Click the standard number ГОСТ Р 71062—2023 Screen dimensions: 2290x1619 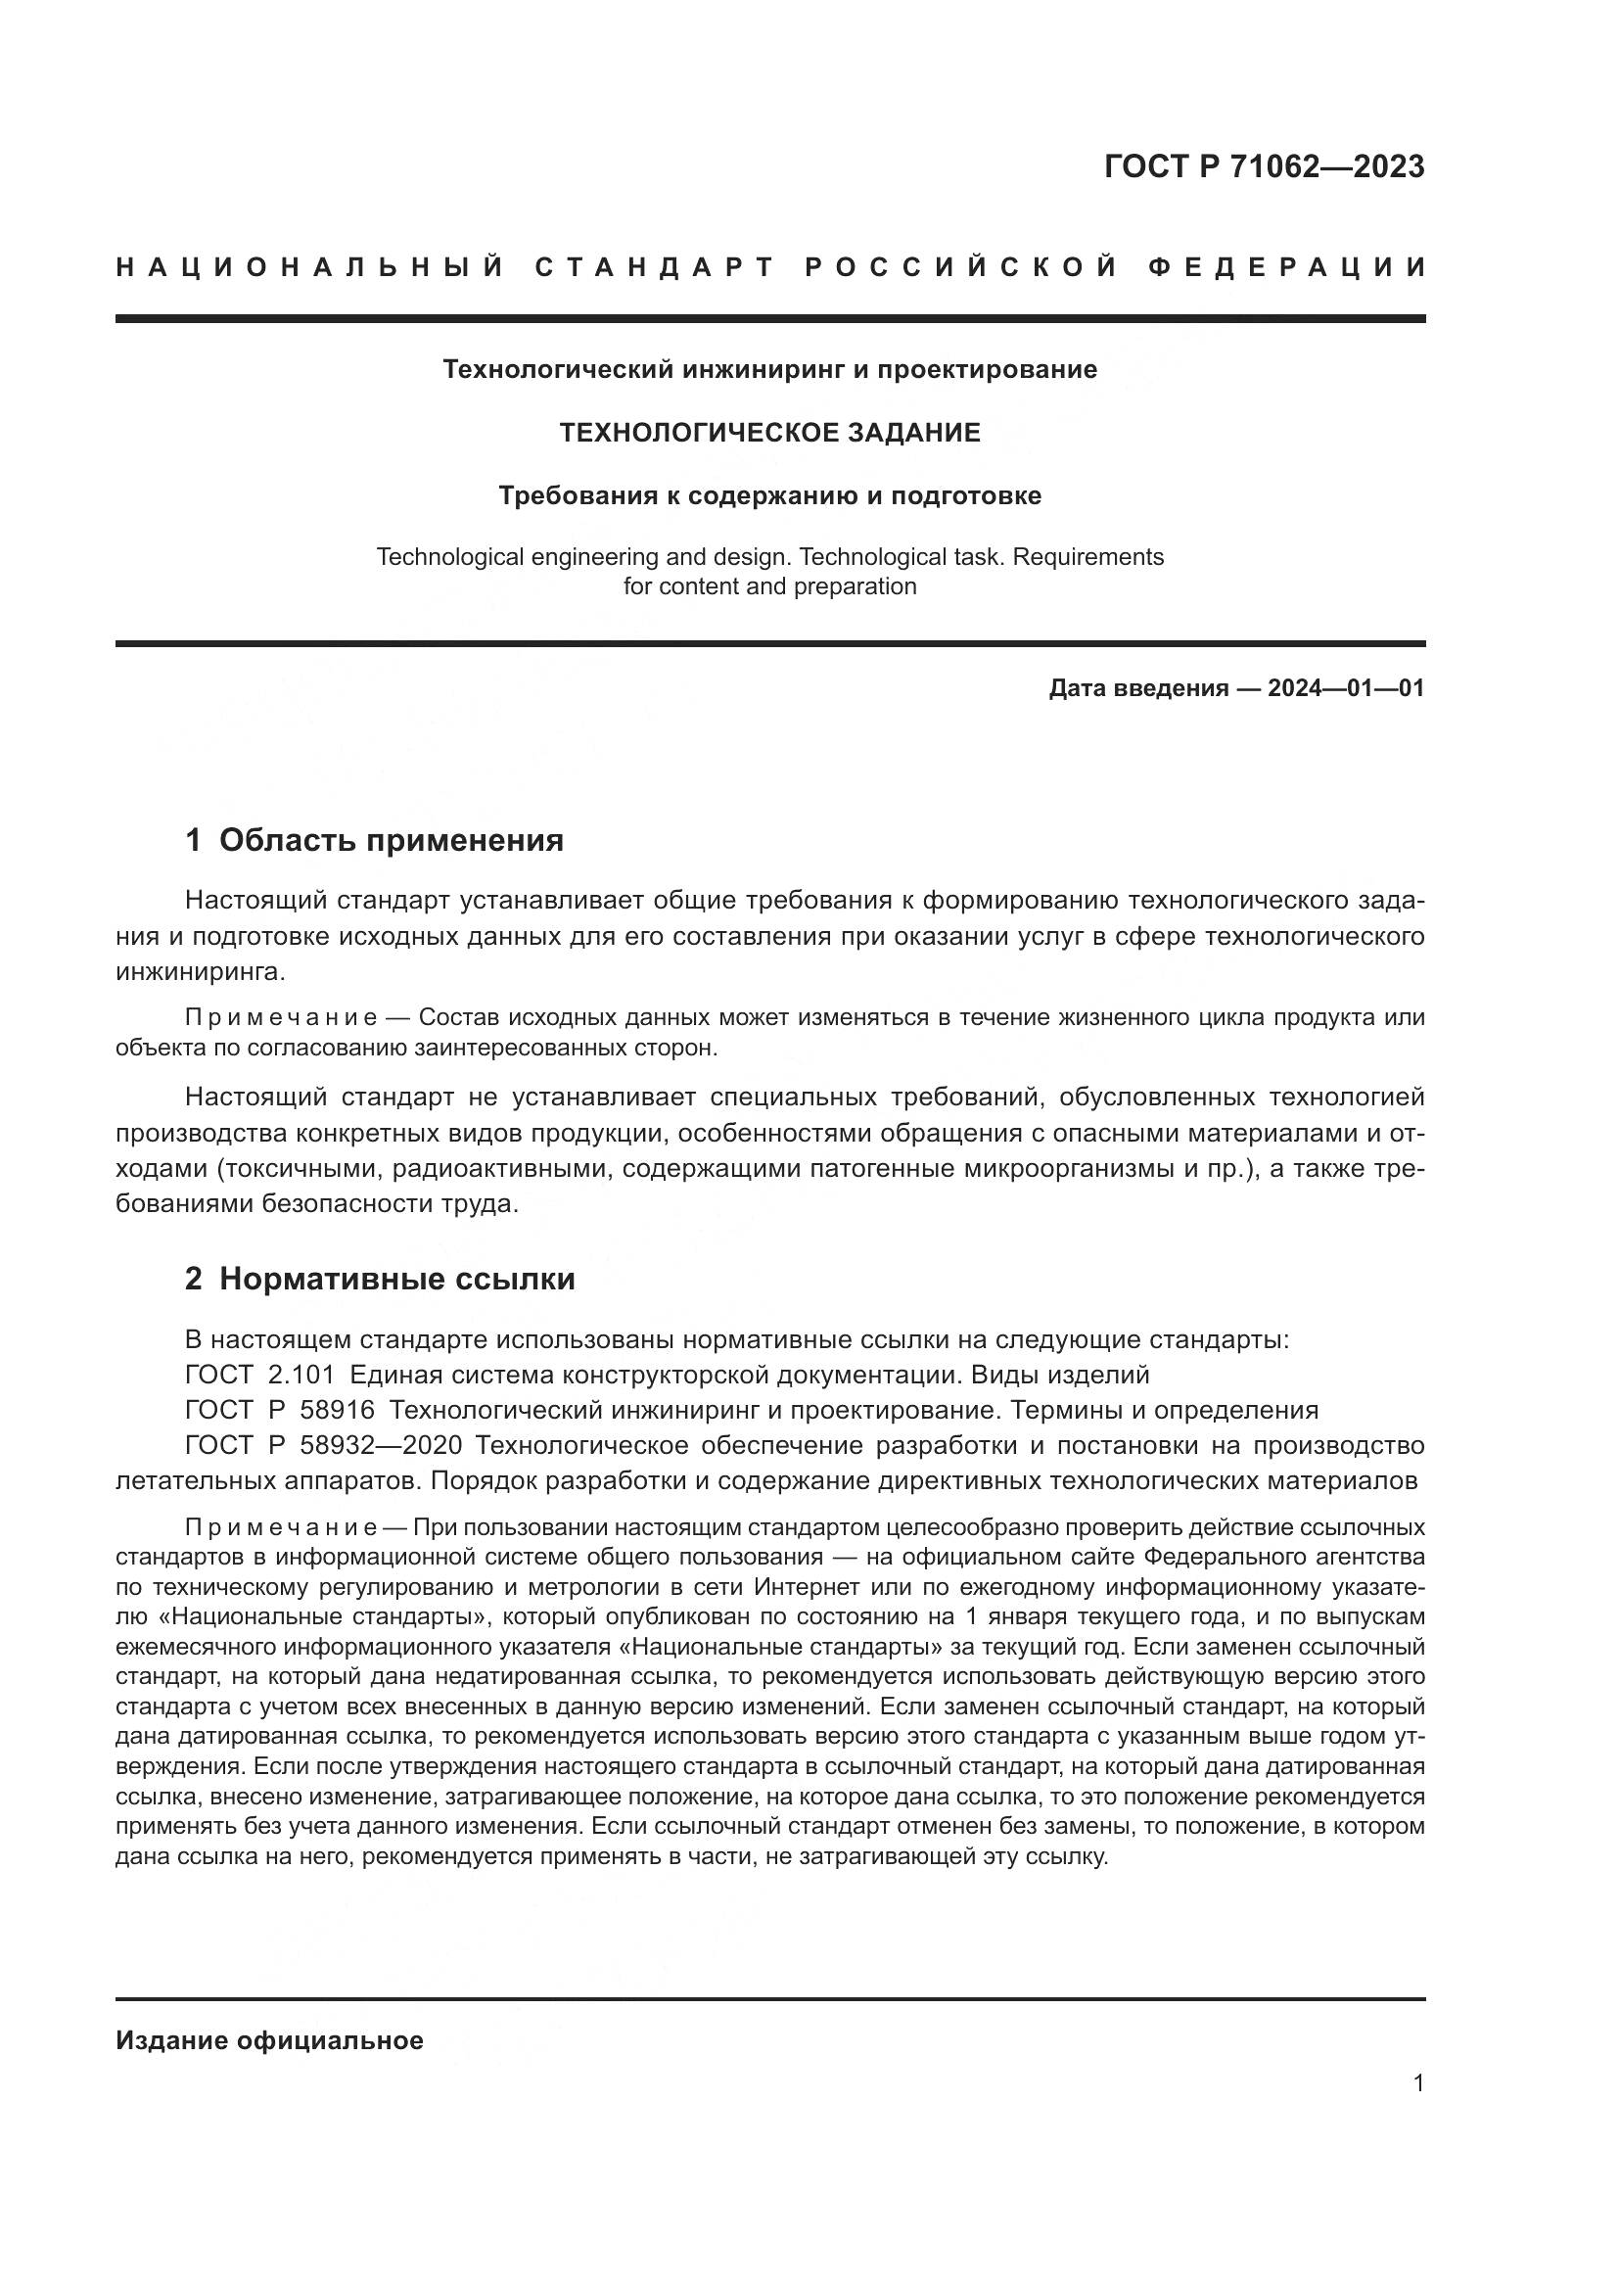(1264, 166)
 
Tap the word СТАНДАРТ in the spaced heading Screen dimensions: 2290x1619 (655, 267)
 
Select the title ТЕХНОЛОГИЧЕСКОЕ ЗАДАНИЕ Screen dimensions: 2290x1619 (769, 433)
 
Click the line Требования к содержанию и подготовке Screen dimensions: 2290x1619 (769, 495)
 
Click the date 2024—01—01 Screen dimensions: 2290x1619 (1346, 688)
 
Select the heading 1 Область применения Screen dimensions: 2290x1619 (375, 841)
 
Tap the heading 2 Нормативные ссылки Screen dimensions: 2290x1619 (380, 1279)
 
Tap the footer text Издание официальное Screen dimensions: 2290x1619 (269, 2040)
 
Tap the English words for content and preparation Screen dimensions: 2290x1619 (769, 586)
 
